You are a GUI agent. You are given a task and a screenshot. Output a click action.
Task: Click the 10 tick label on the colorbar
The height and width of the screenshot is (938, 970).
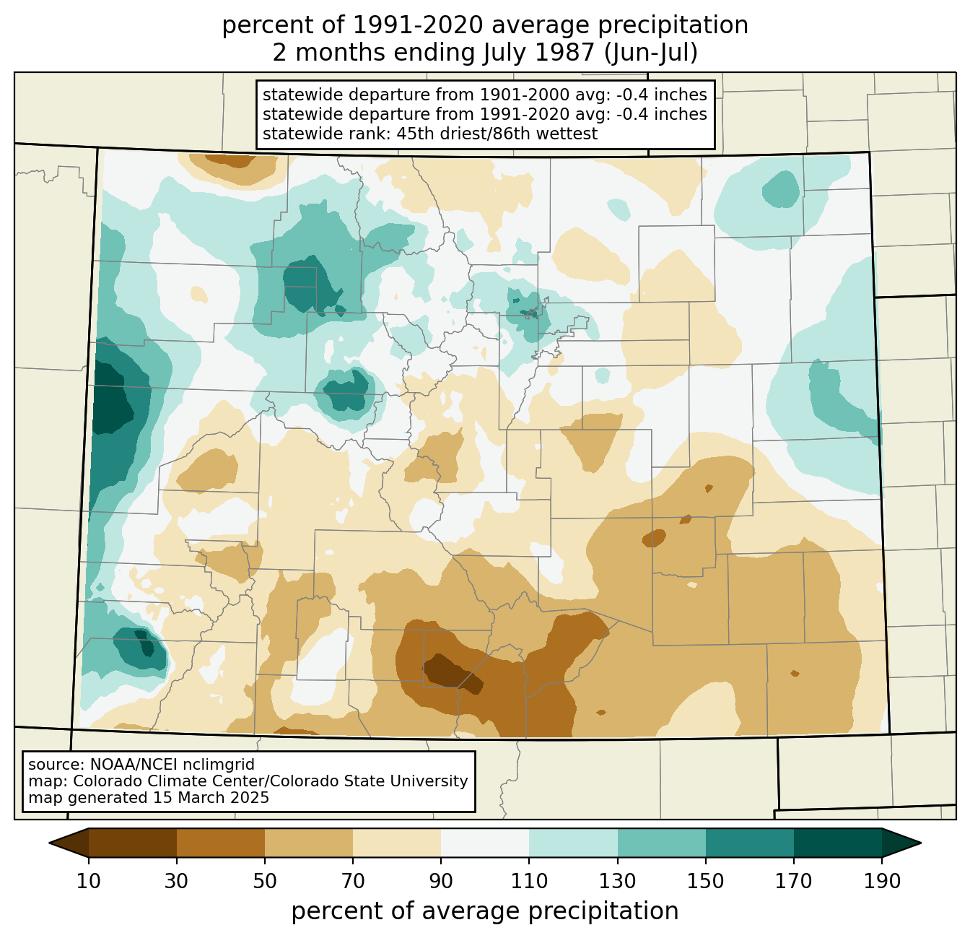[88, 881]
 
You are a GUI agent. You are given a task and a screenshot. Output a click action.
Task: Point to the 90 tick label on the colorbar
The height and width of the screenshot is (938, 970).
[441, 881]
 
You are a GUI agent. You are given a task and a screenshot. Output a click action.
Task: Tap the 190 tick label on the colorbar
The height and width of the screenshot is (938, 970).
[882, 881]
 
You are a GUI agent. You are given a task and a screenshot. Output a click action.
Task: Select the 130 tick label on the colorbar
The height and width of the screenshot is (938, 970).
[617, 881]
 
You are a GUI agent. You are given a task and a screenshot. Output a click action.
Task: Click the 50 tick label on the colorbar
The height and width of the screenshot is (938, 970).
[265, 881]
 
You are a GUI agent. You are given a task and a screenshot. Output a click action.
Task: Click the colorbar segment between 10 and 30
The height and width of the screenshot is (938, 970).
[133, 843]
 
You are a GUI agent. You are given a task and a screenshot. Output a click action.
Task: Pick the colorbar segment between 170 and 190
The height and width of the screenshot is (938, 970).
[837, 843]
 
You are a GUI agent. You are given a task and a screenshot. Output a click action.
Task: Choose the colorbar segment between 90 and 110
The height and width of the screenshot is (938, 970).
[485, 843]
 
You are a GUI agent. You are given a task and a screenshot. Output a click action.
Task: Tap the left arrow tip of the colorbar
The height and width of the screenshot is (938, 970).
[49, 843]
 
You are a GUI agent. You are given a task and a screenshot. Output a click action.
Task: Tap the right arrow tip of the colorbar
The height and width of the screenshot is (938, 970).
[921, 843]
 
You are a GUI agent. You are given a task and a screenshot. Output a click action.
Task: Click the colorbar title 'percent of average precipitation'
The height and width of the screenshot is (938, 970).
[484, 911]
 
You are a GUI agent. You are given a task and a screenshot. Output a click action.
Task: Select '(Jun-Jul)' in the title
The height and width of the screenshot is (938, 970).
[650, 53]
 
